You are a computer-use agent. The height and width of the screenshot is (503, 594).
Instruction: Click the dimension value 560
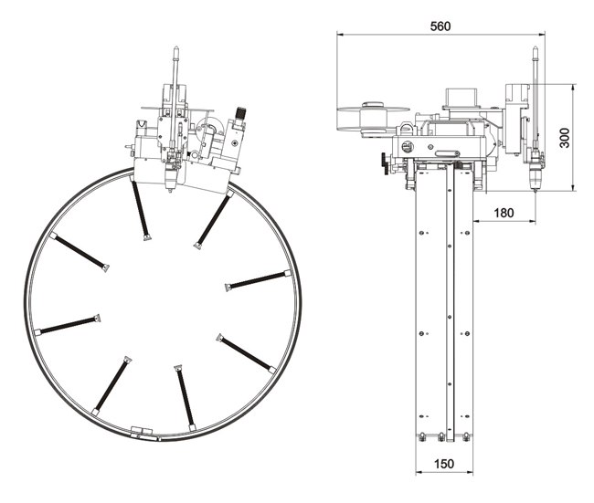coord(440,26)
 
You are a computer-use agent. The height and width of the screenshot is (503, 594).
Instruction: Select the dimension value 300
coord(564,138)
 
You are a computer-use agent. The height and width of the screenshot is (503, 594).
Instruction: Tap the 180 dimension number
coord(504,213)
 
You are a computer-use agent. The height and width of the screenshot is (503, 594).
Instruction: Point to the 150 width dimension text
coord(443,464)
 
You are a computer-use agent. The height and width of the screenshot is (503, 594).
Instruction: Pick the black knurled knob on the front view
coord(241,112)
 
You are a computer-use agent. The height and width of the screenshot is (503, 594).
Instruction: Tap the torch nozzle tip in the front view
coord(171,189)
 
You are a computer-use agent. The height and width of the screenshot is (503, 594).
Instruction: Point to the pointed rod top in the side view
coord(535,48)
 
